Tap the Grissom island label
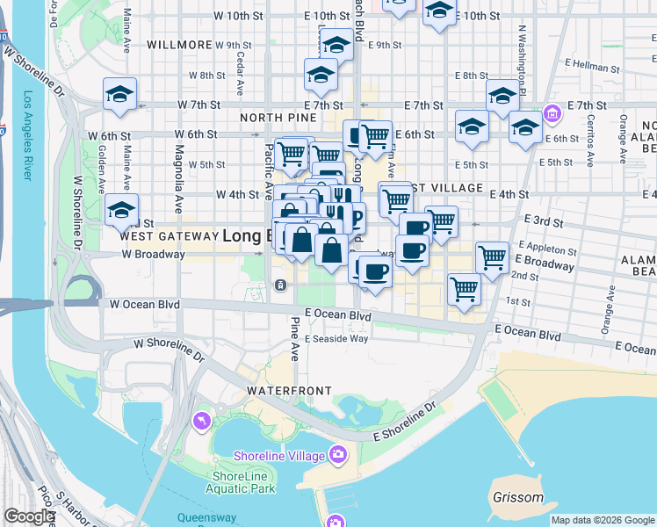pyautogui.click(x=517, y=498)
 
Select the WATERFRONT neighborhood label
pyautogui.click(x=289, y=390)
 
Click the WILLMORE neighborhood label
pyautogui.click(x=179, y=45)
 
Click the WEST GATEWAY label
pyautogui.click(x=168, y=236)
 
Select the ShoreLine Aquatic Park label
pyautogui.click(x=243, y=482)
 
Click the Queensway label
pyautogui.click(x=207, y=517)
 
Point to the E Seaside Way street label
pyautogui.click(x=336, y=338)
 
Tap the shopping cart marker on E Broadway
pyautogui.click(x=492, y=256)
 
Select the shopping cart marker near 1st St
pyautogui.click(x=463, y=288)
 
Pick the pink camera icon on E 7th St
pyautogui.click(x=552, y=112)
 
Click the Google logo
pyautogui.click(x=29, y=516)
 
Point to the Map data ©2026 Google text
pyautogui.click(x=603, y=520)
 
